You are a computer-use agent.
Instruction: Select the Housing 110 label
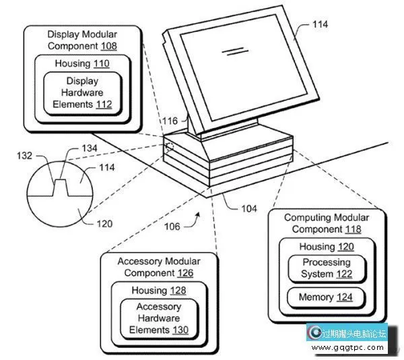(x=83, y=63)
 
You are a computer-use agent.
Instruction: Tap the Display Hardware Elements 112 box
(x=82, y=93)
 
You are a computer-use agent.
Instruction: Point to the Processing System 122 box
(x=327, y=268)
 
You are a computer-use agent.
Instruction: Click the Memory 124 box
(x=326, y=297)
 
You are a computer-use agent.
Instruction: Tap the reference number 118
(x=353, y=229)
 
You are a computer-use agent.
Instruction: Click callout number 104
(x=249, y=208)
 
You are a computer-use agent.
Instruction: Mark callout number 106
(x=172, y=226)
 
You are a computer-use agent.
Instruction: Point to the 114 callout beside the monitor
(x=320, y=24)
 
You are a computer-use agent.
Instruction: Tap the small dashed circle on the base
(x=169, y=146)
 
